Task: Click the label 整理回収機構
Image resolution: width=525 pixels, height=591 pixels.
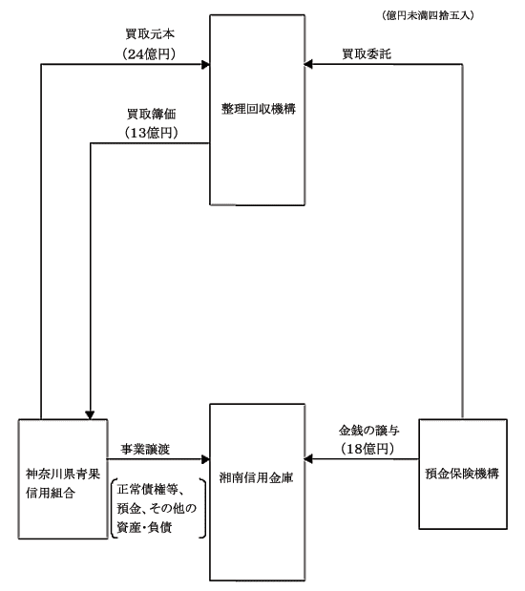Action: point(258,109)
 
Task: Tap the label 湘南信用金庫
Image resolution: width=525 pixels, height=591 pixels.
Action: point(256,477)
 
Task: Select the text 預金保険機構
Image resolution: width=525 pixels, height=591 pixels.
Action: point(462,474)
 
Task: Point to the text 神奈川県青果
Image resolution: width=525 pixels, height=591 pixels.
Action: point(63,474)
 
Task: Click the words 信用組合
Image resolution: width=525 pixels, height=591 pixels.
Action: point(51,493)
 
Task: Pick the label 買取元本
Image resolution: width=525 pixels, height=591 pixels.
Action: point(150,34)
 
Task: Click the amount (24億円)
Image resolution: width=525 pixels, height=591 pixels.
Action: point(149,53)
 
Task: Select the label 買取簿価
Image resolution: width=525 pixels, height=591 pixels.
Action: point(152,114)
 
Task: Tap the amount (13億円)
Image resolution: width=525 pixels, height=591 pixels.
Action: point(151,133)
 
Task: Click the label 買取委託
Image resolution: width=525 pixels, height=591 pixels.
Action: point(367,53)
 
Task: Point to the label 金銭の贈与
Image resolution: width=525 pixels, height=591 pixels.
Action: point(369,430)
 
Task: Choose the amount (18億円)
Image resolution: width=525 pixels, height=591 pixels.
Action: point(367,449)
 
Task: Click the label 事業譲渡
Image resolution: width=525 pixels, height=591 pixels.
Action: point(145,449)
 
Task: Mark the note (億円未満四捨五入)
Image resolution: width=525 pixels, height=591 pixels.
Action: point(428,15)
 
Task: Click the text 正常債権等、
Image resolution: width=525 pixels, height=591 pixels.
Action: point(151,489)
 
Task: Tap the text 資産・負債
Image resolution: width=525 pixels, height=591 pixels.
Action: point(144,527)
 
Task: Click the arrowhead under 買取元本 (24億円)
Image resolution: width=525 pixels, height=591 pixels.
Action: point(205,65)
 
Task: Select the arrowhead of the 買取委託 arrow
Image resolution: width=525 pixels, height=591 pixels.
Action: point(308,65)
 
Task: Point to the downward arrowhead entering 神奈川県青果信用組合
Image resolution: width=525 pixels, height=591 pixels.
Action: point(90,415)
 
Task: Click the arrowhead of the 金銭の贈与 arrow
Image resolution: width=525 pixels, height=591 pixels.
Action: point(308,459)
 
